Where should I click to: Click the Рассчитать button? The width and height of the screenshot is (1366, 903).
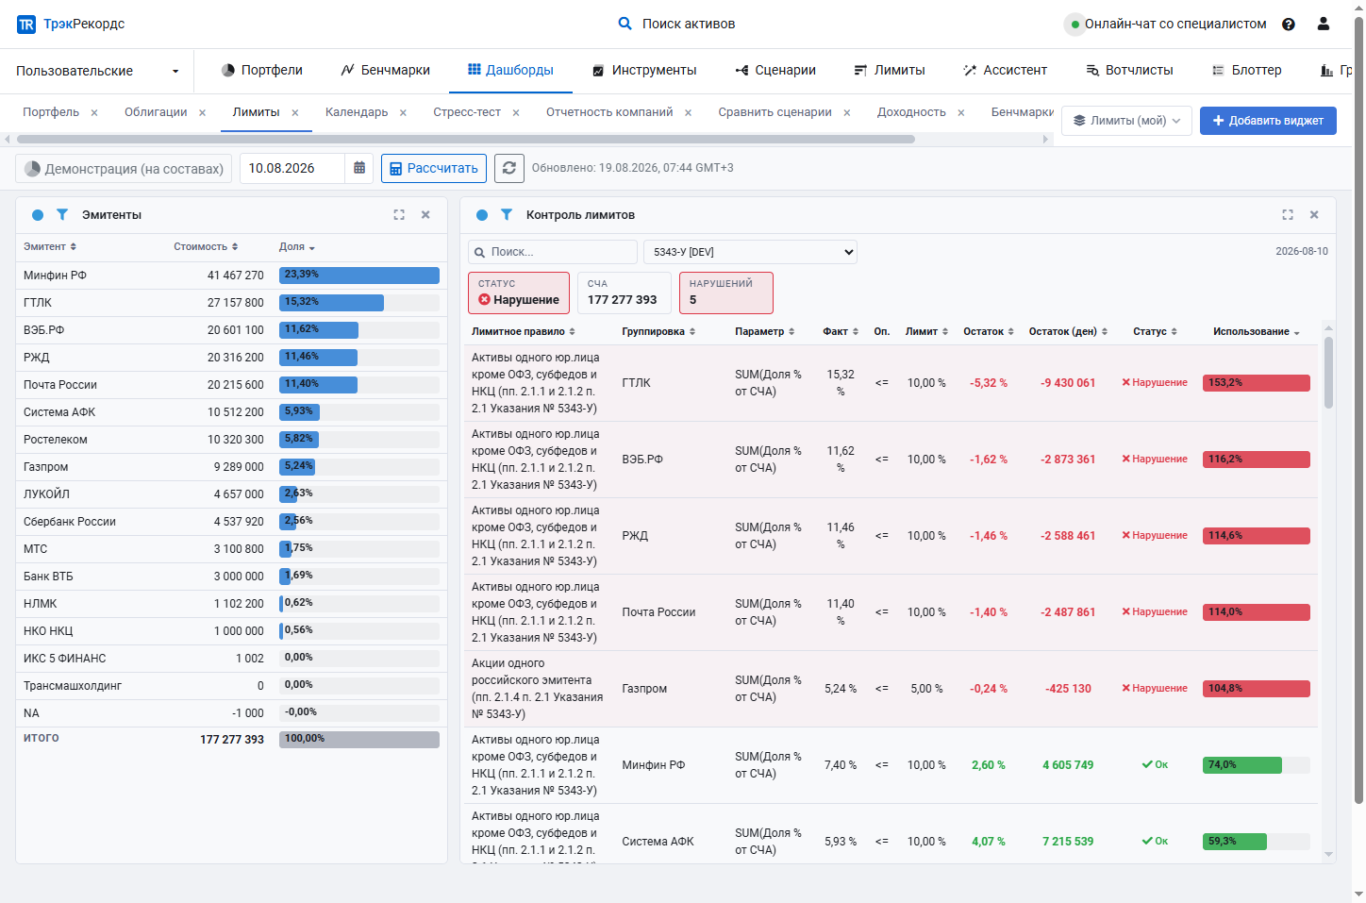pyautogui.click(x=434, y=168)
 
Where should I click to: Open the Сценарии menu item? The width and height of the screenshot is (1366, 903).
pyautogui.click(x=775, y=71)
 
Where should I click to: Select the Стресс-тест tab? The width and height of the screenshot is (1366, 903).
pyautogui.click(x=467, y=112)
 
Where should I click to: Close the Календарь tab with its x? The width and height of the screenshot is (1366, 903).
pyautogui.click(x=403, y=113)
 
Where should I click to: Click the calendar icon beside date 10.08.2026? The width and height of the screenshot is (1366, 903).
pyautogui.click(x=359, y=168)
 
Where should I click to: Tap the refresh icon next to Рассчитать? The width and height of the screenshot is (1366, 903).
pyautogui.click(x=509, y=168)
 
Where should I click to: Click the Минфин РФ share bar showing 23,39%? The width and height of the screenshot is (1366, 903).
pyautogui.click(x=359, y=276)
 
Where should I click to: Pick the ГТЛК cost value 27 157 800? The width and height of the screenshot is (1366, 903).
pyautogui.click(x=236, y=303)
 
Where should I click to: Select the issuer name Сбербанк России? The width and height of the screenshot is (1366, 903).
pyautogui.click(x=70, y=522)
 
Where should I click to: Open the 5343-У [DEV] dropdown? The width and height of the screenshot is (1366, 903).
pyautogui.click(x=750, y=252)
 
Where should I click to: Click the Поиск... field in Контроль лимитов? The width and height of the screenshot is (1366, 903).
pyautogui.click(x=553, y=252)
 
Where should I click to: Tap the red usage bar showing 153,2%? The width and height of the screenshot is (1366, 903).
pyautogui.click(x=1257, y=383)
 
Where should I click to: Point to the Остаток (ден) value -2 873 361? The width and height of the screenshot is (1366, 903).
pyautogui.click(x=1068, y=460)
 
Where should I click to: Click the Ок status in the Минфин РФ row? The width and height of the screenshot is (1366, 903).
pyautogui.click(x=1155, y=765)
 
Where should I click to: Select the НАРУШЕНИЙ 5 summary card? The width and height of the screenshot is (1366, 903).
pyautogui.click(x=725, y=293)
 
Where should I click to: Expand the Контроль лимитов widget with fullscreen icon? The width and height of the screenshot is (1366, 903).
pyautogui.click(x=1288, y=215)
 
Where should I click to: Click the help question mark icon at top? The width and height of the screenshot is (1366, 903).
pyautogui.click(x=1289, y=25)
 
